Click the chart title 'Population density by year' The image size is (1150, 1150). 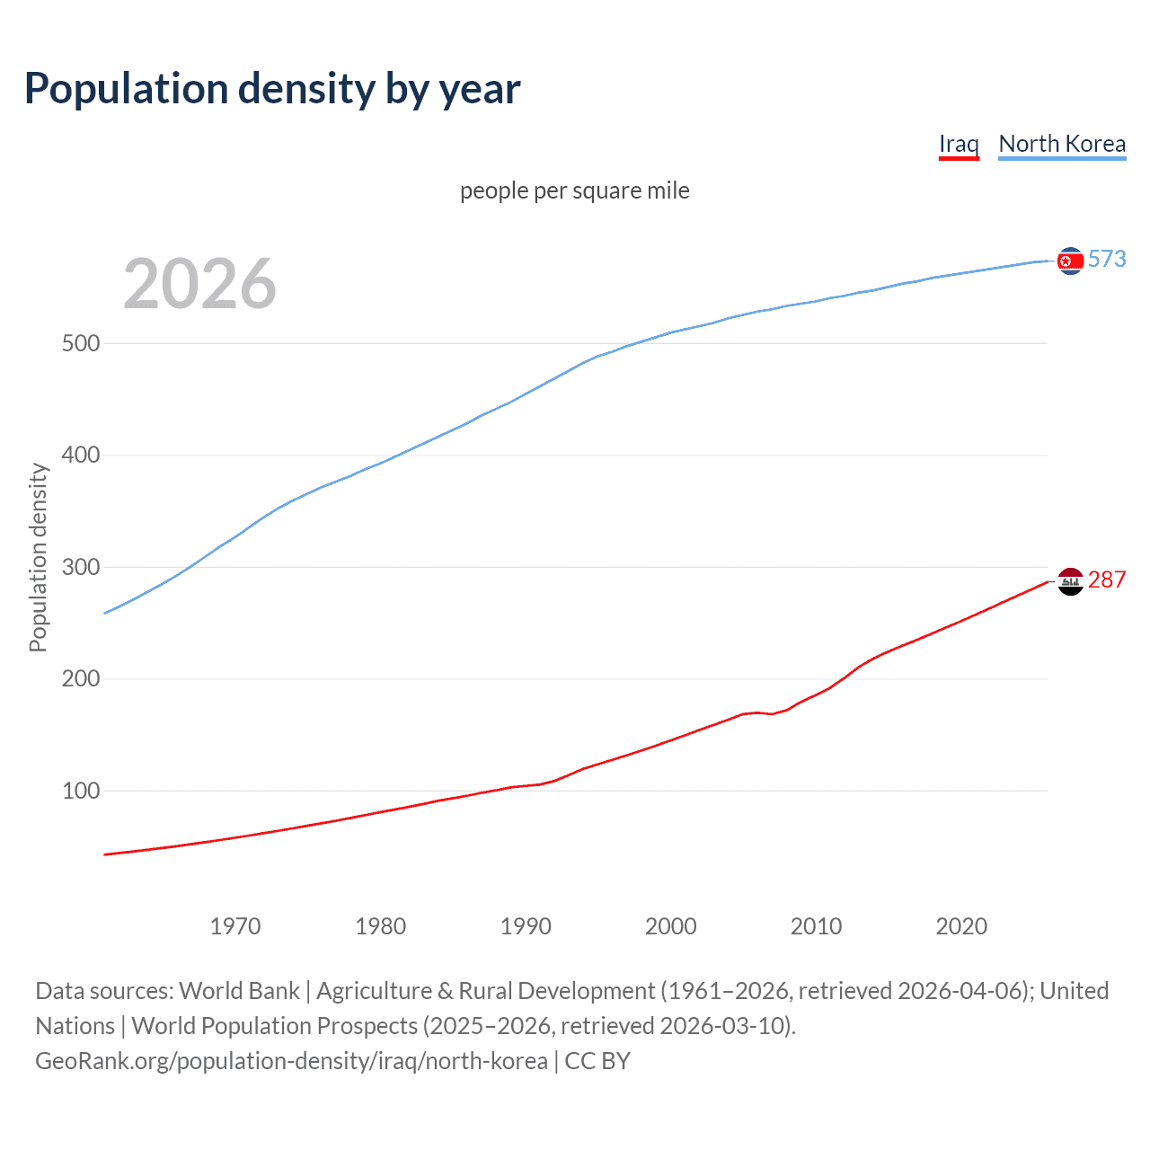pyautogui.click(x=272, y=89)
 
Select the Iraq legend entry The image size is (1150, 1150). pyautogui.click(x=959, y=144)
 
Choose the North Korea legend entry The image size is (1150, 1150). pyautogui.click(x=1062, y=144)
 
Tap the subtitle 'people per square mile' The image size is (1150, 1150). pyautogui.click(x=575, y=190)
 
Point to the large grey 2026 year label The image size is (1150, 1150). pyautogui.click(x=199, y=284)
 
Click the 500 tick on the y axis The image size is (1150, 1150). pyautogui.click(x=81, y=343)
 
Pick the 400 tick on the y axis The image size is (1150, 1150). pyautogui.click(x=81, y=456)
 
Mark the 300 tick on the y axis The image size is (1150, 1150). pyautogui.click(x=81, y=567)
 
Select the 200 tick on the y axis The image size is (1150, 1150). pyautogui.click(x=81, y=679)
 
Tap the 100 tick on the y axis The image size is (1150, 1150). pyautogui.click(x=81, y=791)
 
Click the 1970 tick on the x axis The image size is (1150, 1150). pyautogui.click(x=235, y=926)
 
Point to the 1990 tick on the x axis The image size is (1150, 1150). pyautogui.click(x=526, y=926)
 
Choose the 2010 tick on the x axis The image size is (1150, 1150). pyautogui.click(x=816, y=926)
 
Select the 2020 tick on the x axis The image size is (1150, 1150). pyautogui.click(x=961, y=926)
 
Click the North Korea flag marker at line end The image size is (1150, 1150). pyautogui.click(x=1070, y=261)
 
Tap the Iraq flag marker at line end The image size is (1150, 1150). pyautogui.click(x=1070, y=582)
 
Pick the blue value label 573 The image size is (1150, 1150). pyautogui.click(x=1107, y=259)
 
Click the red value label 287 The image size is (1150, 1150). pyautogui.click(x=1107, y=579)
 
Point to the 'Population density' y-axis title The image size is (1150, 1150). pyautogui.click(x=38, y=557)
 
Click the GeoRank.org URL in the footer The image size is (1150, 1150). pyautogui.click(x=291, y=1061)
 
